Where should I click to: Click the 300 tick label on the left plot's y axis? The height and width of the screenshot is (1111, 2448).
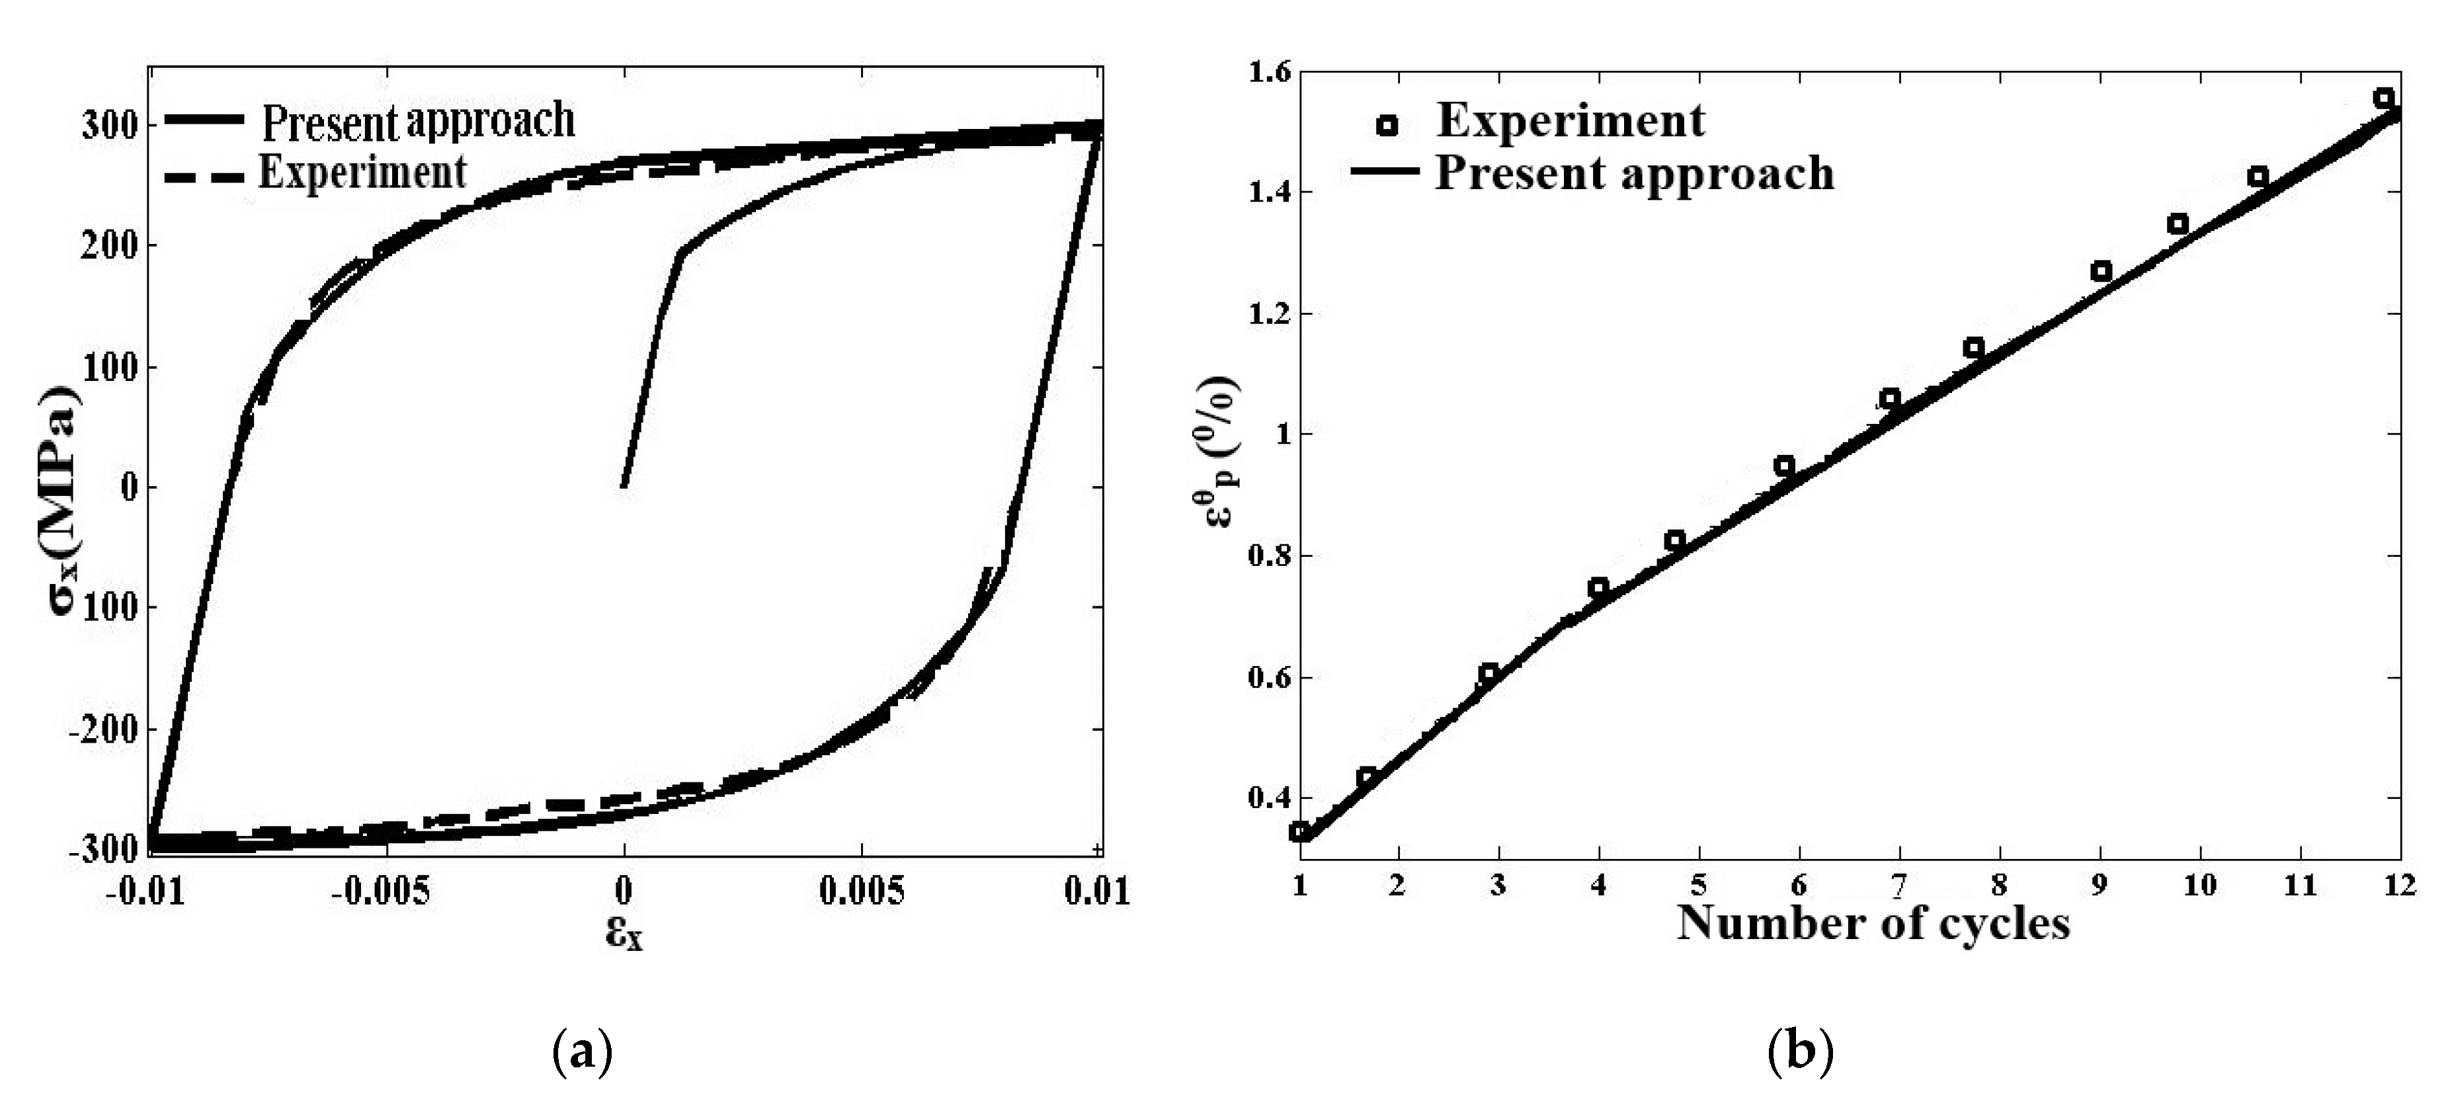108,126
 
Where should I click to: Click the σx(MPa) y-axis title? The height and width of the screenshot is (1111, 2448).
65,499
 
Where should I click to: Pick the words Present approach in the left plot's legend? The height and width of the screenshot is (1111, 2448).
418,121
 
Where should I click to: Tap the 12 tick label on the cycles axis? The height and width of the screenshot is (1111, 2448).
2398,885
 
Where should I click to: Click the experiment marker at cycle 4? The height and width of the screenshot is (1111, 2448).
1598,587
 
